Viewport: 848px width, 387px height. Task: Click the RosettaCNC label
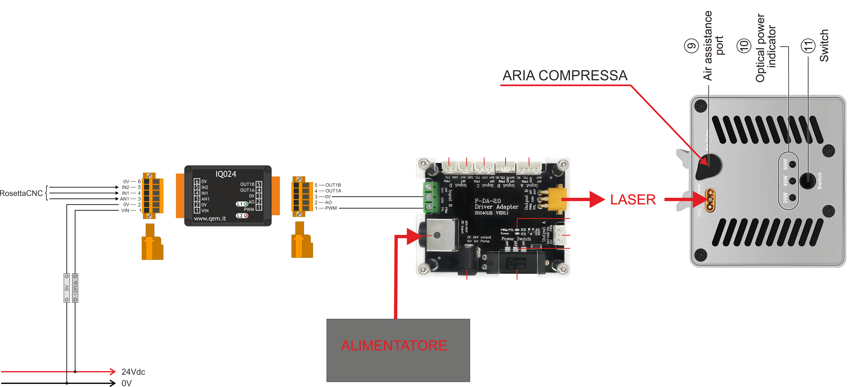(21, 193)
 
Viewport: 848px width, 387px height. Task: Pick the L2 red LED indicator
(246, 216)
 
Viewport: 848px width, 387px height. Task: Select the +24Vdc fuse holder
(75, 288)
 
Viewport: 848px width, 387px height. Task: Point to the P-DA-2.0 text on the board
(488, 201)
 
